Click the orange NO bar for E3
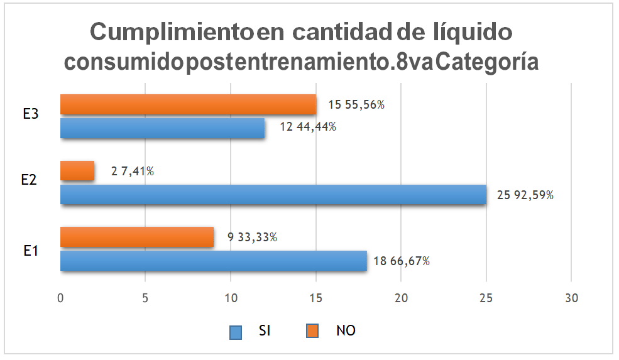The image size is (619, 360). coord(188,104)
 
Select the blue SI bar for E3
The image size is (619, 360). coord(162,128)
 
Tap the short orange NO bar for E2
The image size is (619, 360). coord(77,171)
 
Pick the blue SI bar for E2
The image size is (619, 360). coord(273,195)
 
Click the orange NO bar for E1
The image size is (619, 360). coord(137,237)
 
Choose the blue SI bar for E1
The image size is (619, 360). coord(213,261)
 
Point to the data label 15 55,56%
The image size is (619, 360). coord(356,105)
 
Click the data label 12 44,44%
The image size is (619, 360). coord(308,127)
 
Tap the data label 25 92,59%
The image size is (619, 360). coord(525,195)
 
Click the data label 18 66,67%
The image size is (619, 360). coord(403,261)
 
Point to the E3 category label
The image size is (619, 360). coord(31,116)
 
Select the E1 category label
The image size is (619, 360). coord(31,249)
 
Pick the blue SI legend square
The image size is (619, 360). coord(236,331)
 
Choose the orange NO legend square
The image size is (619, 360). coord(312,331)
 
